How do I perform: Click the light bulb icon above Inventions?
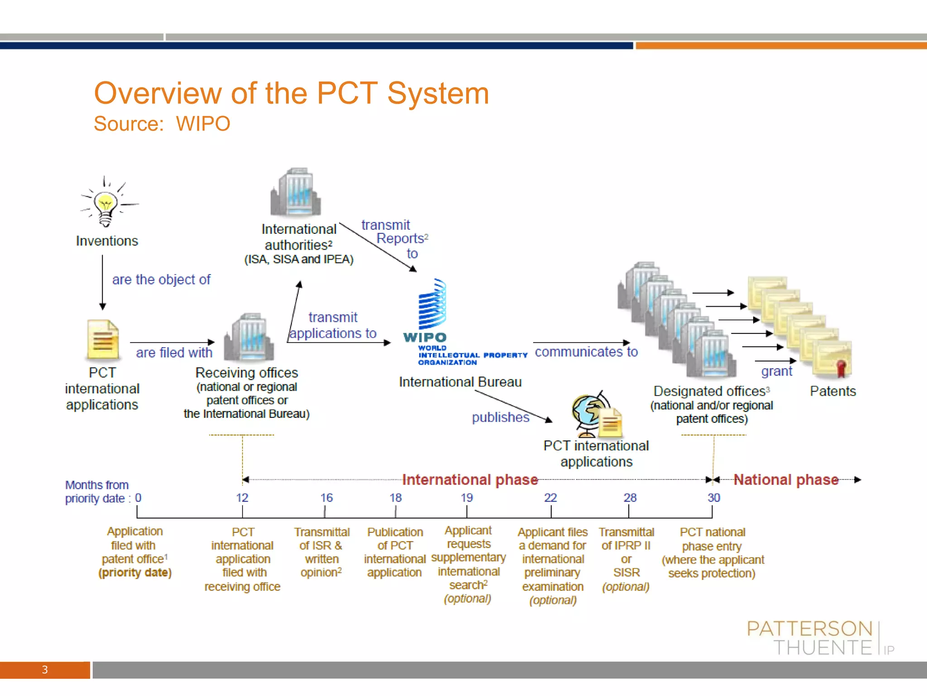pyautogui.click(x=105, y=204)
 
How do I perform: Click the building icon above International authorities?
pyautogui.click(x=296, y=192)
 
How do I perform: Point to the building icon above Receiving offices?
pyautogui.click(x=249, y=337)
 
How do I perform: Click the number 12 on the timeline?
pyautogui.click(x=242, y=498)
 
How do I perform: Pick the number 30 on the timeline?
pyautogui.click(x=714, y=498)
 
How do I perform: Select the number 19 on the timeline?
pyautogui.click(x=467, y=498)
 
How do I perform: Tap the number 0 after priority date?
pyautogui.click(x=138, y=498)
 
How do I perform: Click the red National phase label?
pyautogui.click(x=786, y=479)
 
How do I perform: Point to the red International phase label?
pyautogui.click(x=470, y=479)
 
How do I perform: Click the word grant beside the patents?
pyautogui.click(x=776, y=371)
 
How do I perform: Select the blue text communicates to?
pyautogui.click(x=586, y=352)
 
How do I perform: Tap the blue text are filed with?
pyautogui.click(x=174, y=353)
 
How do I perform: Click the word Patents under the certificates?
pyautogui.click(x=833, y=391)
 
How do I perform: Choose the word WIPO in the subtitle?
pyautogui.click(x=203, y=124)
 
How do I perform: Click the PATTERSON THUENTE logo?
pyautogui.click(x=815, y=638)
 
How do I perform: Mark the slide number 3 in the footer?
pyautogui.click(x=45, y=670)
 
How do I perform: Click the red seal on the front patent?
pyautogui.click(x=841, y=368)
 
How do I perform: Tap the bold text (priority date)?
pyautogui.click(x=135, y=573)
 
